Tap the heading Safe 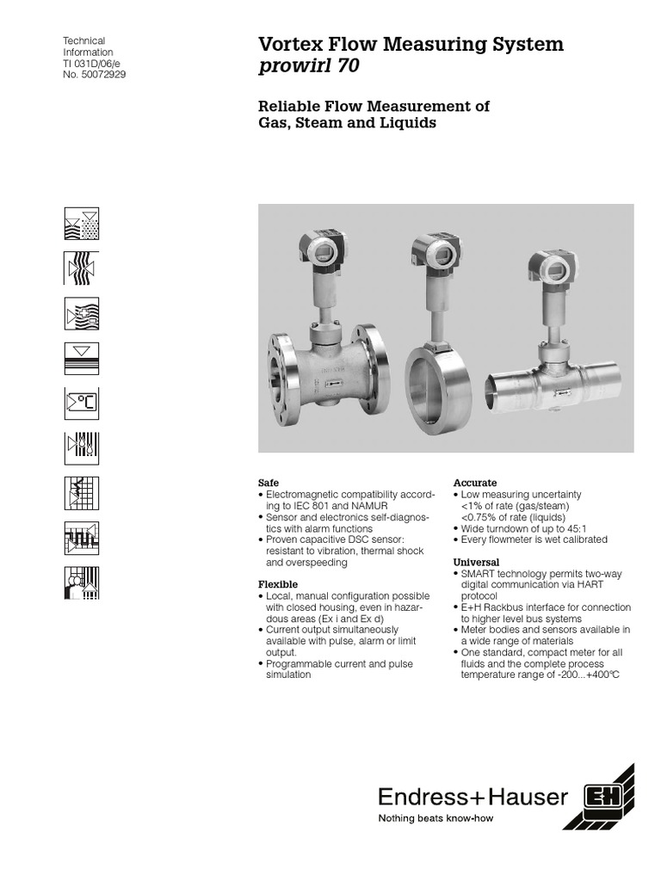click(269, 483)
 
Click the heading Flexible click(277, 584)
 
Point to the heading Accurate click(475, 483)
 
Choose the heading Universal click(476, 562)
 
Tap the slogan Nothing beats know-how click(436, 818)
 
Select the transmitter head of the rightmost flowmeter click(547, 268)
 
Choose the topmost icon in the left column click(82, 224)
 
